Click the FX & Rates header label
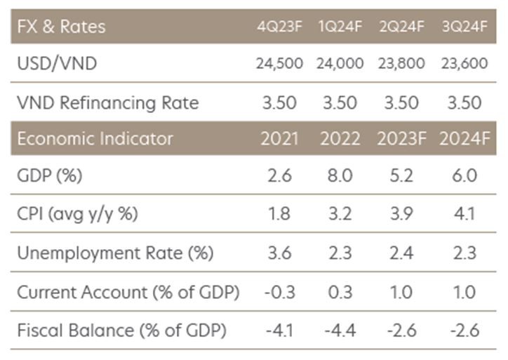[x=62, y=27]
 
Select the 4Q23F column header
[x=279, y=27]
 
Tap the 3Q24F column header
[x=464, y=27]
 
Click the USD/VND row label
[x=57, y=64]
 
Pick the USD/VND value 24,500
[x=279, y=64]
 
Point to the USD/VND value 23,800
[x=401, y=64]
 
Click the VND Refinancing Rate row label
[x=108, y=103]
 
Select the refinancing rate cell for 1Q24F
[x=340, y=103]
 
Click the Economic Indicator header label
[x=95, y=139]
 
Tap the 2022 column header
[x=340, y=139]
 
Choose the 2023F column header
[x=401, y=139]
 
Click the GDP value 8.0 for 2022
[x=340, y=175]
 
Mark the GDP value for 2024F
[x=464, y=175]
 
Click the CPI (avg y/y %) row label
[x=77, y=214]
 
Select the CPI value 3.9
[x=401, y=214]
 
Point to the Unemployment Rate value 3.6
[x=279, y=253]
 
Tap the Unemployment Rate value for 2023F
[x=401, y=253]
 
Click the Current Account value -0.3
[x=279, y=292]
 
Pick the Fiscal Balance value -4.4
[x=340, y=331]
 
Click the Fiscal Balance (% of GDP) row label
[x=121, y=331]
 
